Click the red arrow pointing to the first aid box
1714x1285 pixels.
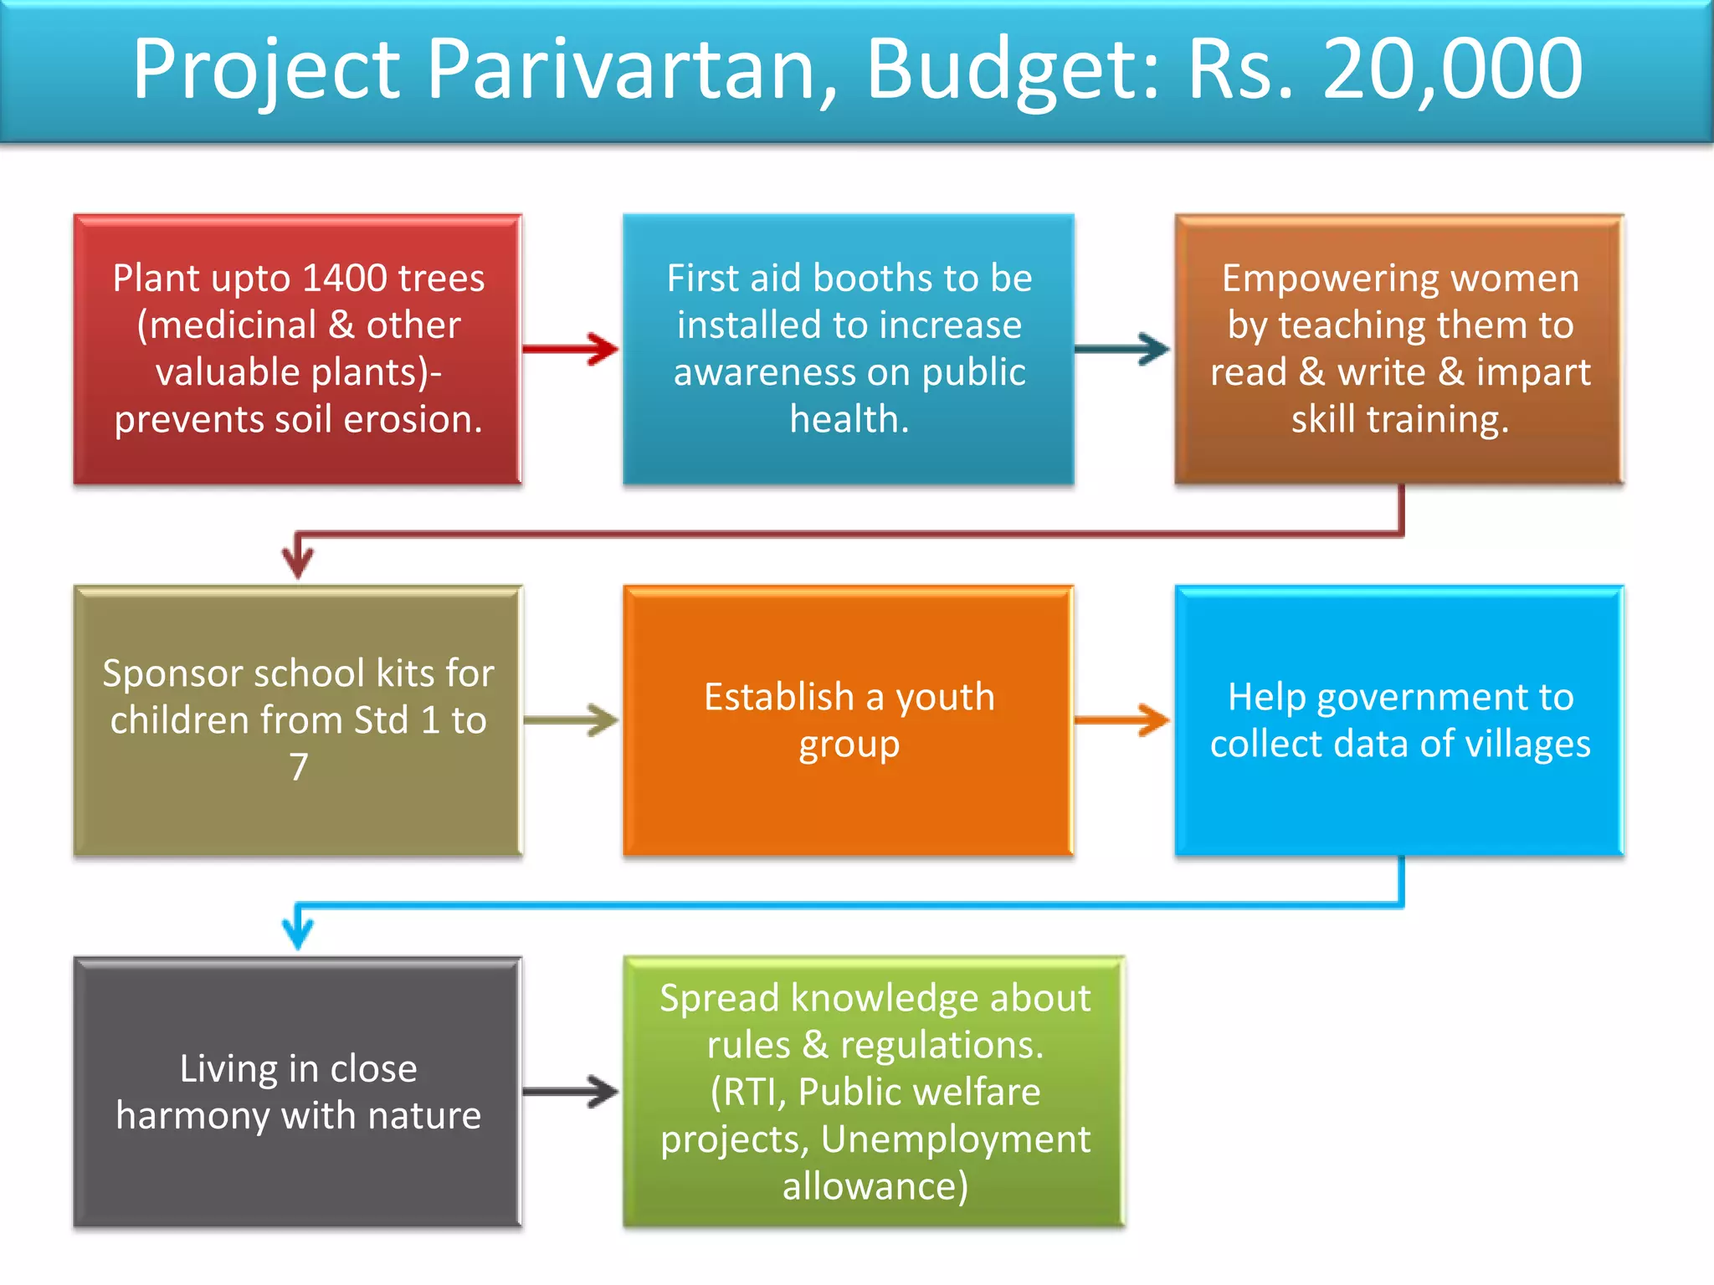[x=572, y=348]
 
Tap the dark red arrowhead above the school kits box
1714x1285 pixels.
[x=298, y=558]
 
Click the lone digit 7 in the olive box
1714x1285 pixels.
[x=299, y=766]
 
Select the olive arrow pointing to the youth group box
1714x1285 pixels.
[x=572, y=719]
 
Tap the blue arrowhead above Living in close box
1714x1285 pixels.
[x=298, y=929]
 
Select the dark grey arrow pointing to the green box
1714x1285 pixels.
[x=572, y=1091]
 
